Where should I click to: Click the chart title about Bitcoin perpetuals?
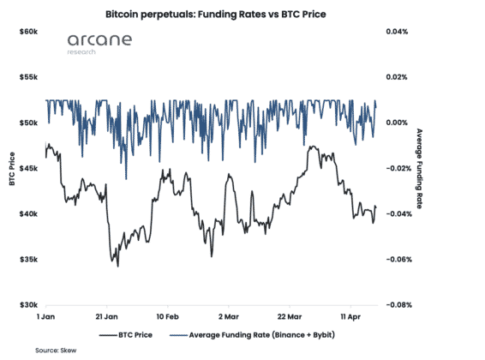(x=216, y=15)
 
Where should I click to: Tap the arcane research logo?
(x=99, y=44)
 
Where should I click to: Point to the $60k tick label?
(x=28, y=32)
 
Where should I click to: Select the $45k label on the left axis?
(x=28, y=168)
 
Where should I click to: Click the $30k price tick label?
(x=28, y=305)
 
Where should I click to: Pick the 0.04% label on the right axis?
(x=397, y=32)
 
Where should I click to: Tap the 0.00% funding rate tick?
(x=397, y=123)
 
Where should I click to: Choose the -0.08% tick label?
(x=399, y=305)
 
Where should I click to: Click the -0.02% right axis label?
(x=399, y=168)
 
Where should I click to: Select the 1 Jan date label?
(x=45, y=316)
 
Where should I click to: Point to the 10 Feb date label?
(x=168, y=316)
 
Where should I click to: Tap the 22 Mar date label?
(x=290, y=316)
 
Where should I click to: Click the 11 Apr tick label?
(x=350, y=316)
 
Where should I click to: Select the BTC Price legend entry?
(x=126, y=335)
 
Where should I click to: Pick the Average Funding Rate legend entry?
(x=252, y=335)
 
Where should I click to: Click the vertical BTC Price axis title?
(x=12, y=169)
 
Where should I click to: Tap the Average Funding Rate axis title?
(x=419, y=169)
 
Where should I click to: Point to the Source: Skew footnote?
(x=56, y=351)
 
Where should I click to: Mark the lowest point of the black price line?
(x=118, y=267)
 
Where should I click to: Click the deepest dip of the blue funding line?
(x=126, y=179)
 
